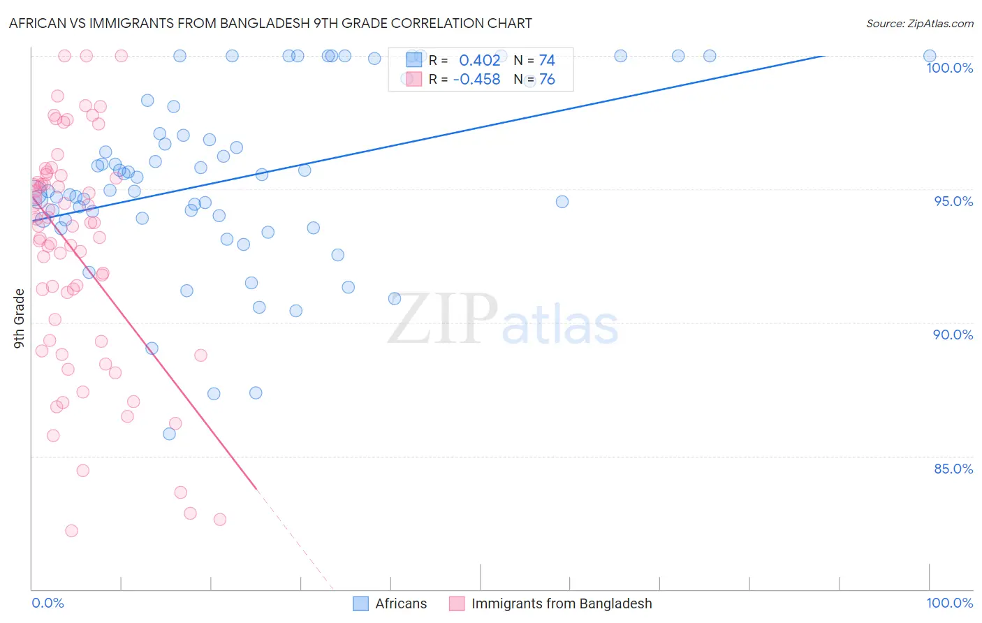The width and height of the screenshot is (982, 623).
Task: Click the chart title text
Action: [x=270, y=23]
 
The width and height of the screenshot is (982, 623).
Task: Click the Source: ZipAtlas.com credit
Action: [x=919, y=23]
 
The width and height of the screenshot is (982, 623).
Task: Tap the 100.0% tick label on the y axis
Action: [x=949, y=68]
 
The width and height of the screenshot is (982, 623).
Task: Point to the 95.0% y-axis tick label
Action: [x=953, y=201]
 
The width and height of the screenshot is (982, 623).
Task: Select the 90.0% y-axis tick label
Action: [x=953, y=335]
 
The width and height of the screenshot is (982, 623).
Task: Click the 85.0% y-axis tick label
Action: [x=953, y=469]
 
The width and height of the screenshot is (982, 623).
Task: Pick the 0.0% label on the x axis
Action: [x=47, y=603]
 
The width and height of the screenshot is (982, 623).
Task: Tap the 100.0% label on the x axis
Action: [x=949, y=603]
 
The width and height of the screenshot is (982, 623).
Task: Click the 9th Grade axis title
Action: [x=20, y=318]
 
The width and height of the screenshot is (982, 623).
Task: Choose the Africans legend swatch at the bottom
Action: [x=360, y=603]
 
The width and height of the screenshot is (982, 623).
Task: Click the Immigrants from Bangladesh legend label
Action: [x=562, y=603]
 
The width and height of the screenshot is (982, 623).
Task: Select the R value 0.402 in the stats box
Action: [x=479, y=61]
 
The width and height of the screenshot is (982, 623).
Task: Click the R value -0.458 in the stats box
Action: [x=476, y=80]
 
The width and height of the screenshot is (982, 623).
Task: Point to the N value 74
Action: [x=547, y=61]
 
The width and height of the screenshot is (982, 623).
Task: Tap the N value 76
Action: [x=547, y=80]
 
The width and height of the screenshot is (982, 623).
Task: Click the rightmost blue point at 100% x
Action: [x=930, y=56]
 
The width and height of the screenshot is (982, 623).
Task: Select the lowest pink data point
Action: [x=71, y=531]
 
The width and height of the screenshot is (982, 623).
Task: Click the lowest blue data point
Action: [x=169, y=434]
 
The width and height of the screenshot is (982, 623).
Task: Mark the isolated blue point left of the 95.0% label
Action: [x=562, y=202]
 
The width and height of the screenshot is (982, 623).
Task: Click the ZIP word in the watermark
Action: [x=443, y=318]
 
